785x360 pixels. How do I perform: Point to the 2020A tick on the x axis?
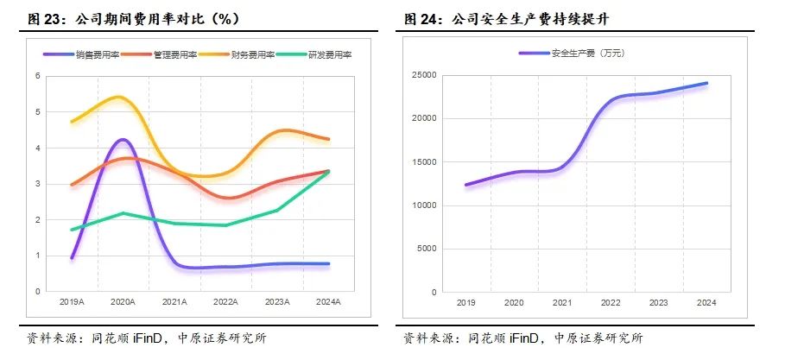tap(123, 303)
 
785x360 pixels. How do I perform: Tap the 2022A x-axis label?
tap(226, 303)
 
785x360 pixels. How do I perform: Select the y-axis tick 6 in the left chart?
tap(38, 76)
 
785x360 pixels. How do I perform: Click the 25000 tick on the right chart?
tap(423, 76)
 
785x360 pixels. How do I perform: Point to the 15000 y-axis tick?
tap(423, 162)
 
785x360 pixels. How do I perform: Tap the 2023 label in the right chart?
tap(659, 303)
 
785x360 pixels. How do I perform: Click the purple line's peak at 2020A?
tap(123, 140)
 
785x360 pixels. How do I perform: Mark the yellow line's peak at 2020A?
tap(119, 97)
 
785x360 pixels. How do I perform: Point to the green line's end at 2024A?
tap(329, 172)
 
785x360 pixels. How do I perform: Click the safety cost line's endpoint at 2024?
tap(707, 83)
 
